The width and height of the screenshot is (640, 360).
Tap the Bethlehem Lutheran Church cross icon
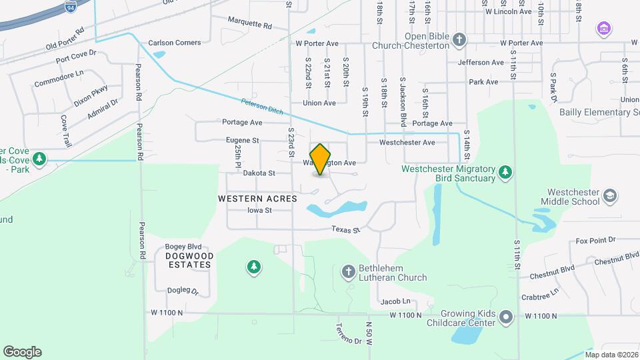point(347,271)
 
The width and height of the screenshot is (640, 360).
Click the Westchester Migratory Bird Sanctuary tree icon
point(505,173)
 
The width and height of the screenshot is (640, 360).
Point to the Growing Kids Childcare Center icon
point(506,317)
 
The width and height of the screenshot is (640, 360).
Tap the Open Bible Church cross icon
point(459,40)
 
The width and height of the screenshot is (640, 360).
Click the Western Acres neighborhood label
point(257,199)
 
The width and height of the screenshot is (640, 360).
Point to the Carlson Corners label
point(174,43)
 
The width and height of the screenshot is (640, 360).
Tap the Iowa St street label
point(259,210)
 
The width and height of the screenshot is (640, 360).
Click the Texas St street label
point(346,229)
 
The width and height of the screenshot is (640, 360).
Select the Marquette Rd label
point(250,23)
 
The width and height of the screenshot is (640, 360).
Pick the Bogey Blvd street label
point(185,246)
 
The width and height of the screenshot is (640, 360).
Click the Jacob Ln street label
point(395,302)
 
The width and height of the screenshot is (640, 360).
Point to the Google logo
point(22,352)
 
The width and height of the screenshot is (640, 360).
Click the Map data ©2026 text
point(611,355)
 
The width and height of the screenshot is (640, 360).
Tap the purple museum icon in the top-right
point(604,29)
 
